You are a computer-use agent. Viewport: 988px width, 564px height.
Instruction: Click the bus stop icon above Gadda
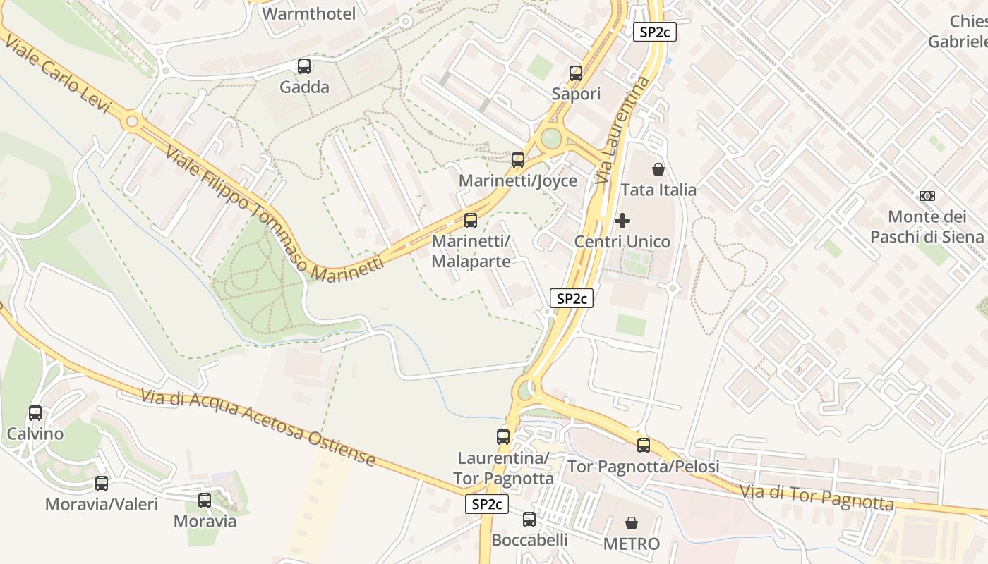click(x=304, y=66)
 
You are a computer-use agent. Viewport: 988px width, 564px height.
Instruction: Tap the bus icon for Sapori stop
click(x=576, y=73)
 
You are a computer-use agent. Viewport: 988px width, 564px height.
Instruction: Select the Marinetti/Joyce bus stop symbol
click(x=518, y=160)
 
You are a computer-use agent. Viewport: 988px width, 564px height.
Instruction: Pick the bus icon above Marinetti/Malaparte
click(x=471, y=221)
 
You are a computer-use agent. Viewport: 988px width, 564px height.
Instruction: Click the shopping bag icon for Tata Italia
click(x=658, y=169)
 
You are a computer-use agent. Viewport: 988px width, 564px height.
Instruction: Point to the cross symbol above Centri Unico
click(x=622, y=221)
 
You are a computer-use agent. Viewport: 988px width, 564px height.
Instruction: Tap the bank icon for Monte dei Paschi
click(x=927, y=195)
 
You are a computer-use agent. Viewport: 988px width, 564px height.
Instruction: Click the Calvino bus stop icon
click(x=35, y=413)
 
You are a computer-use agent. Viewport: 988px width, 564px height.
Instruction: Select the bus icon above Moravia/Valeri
click(x=102, y=484)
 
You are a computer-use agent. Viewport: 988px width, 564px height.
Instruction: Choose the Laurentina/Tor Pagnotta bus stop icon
click(x=503, y=437)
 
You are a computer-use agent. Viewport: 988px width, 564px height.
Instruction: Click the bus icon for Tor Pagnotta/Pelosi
click(x=644, y=446)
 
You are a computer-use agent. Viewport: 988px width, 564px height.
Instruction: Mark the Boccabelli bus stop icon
click(x=529, y=520)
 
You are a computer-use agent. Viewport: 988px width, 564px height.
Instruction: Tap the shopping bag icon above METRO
click(x=632, y=523)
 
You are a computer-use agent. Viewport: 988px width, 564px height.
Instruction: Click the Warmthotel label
click(x=309, y=13)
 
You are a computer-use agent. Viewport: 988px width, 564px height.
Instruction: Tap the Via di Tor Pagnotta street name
click(x=817, y=497)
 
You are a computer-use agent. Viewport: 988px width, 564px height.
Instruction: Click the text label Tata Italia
click(x=658, y=190)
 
